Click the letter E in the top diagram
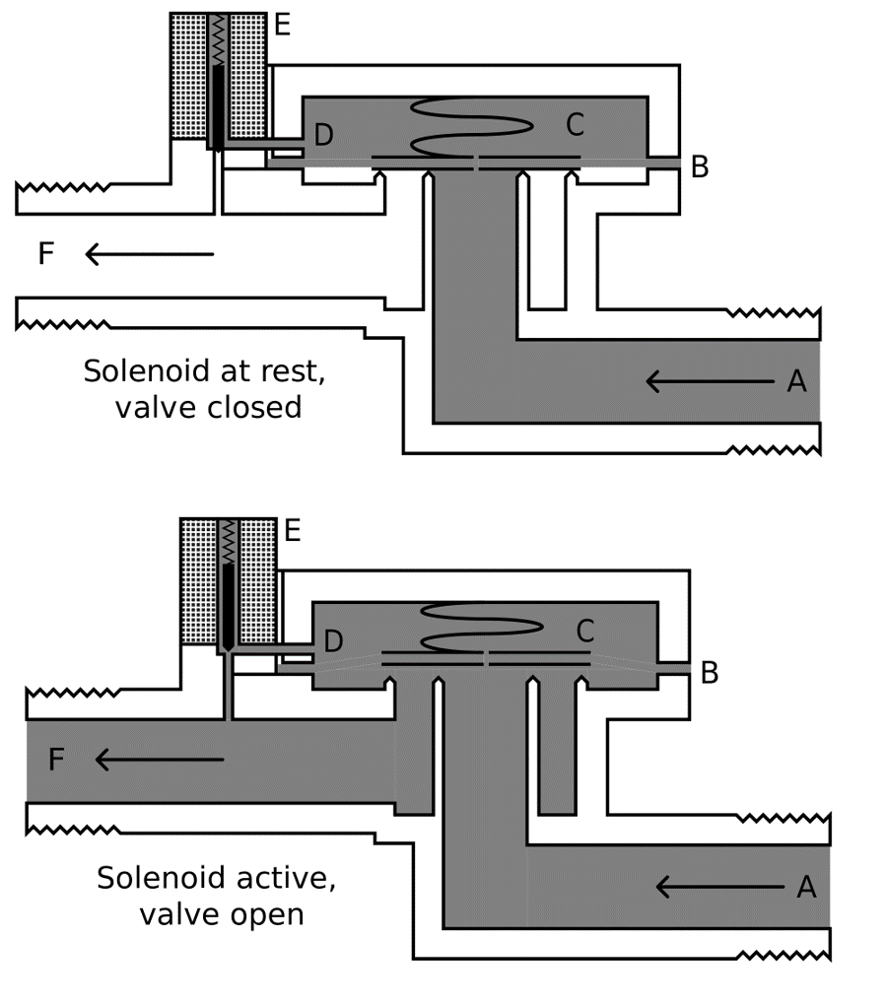click(283, 26)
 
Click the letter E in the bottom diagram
click(293, 531)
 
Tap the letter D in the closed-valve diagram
click(323, 136)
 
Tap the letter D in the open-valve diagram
click(333, 642)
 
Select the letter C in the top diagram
click(576, 125)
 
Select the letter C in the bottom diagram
click(585, 630)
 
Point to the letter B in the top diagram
click(700, 167)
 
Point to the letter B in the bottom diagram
click(710, 673)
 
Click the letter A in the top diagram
click(797, 381)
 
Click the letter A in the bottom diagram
click(806, 888)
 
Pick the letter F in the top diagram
click(45, 254)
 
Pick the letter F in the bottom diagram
click(56, 760)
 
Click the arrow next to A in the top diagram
click(710, 381)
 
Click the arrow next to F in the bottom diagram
click(160, 760)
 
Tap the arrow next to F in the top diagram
click(149, 254)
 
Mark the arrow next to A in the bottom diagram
click(719, 888)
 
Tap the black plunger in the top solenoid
click(217, 103)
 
